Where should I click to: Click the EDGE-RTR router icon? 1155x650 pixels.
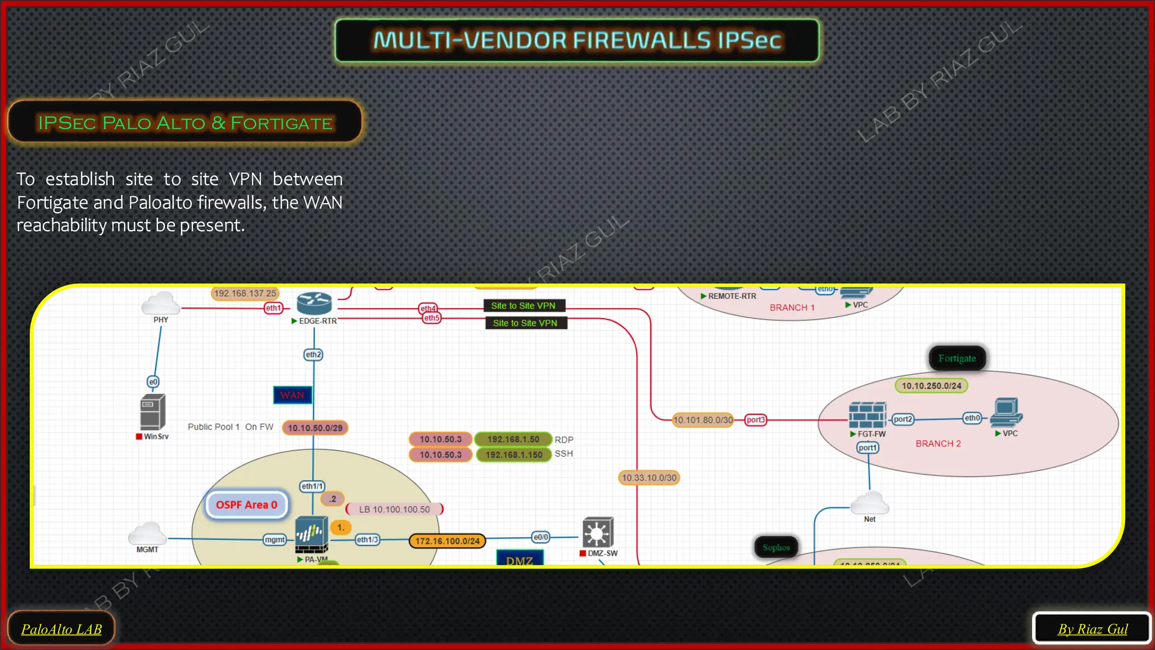pos(314,304)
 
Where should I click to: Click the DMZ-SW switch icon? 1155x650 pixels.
pos(598,533)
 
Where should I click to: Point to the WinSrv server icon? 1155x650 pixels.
pos(153,412)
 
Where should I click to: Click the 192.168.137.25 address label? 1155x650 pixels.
pos(245,293)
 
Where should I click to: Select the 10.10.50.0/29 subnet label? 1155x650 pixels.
pos(315,428)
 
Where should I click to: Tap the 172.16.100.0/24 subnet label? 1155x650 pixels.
pos(447,541)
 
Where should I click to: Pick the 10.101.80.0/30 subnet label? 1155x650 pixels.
pos(703,420)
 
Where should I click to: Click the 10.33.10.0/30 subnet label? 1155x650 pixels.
pos(649,478)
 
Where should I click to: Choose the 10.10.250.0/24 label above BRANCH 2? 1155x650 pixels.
pos(931,386)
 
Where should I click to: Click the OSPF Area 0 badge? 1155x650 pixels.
pos(246,505)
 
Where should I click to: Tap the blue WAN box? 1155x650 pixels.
pos(292,395)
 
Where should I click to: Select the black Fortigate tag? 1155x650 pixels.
pos(957,358)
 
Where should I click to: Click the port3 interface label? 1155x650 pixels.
pos(755,420)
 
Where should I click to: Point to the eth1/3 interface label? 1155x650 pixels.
pos(367,540)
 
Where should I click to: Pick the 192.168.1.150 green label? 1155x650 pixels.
pos(514,455)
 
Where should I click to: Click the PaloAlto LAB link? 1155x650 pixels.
pos(61,629)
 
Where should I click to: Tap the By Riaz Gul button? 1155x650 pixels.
pos(1092,629)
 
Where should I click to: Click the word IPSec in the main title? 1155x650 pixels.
pos(749,41)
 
